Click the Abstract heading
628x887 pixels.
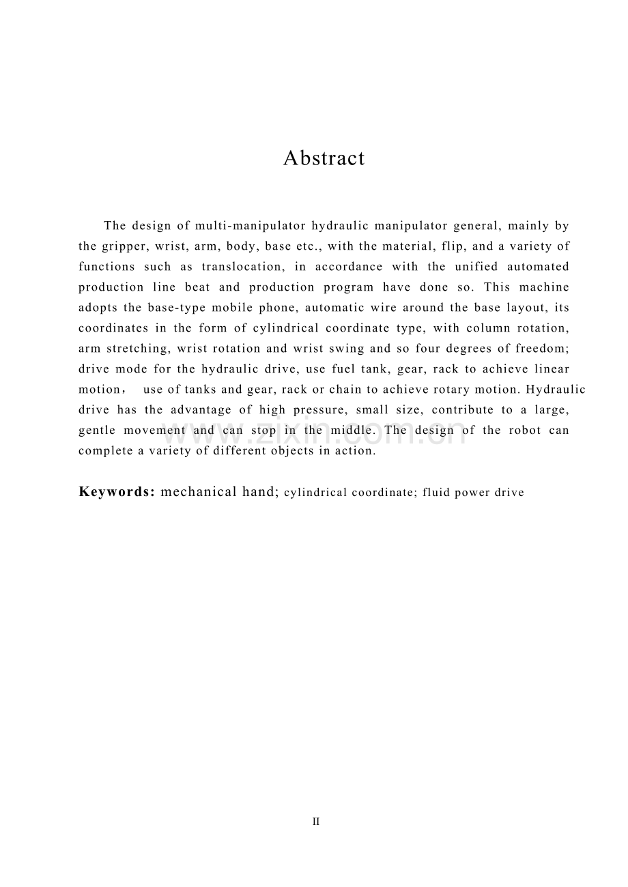tap(324, 158)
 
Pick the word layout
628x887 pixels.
tap(526, 308)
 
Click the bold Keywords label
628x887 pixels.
tap(117, 492)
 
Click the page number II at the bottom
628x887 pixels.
tap(316, 822)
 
